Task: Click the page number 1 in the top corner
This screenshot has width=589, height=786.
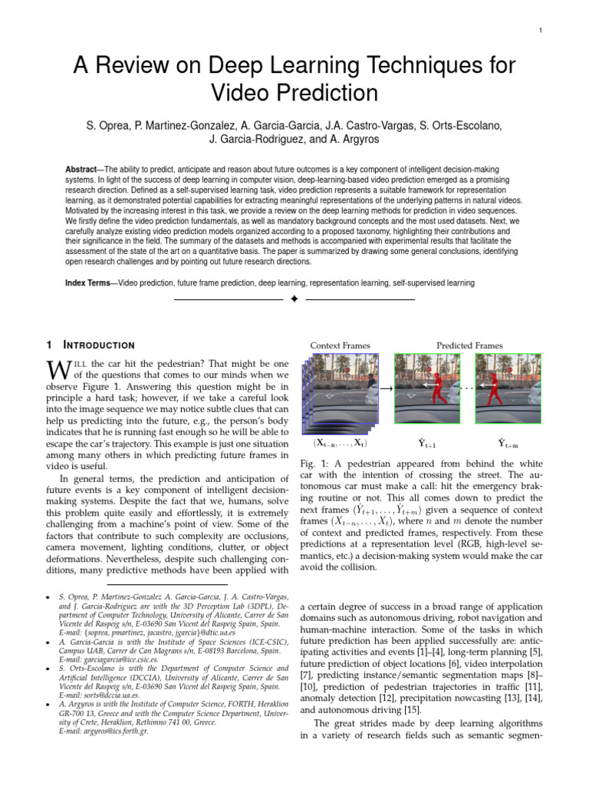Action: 541,30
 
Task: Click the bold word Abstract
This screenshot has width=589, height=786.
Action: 84,168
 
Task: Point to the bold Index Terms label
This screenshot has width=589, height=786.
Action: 87,283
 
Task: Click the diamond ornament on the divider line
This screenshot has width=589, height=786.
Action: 294,299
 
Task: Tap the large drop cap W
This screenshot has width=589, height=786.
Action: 58,370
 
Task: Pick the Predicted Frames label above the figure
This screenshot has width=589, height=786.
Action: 469,345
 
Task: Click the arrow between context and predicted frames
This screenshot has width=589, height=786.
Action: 386,390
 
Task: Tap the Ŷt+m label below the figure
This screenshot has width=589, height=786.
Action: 507,443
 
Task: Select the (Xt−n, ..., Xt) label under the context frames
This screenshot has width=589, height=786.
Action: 340,444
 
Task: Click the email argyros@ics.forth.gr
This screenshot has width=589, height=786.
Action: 103,732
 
